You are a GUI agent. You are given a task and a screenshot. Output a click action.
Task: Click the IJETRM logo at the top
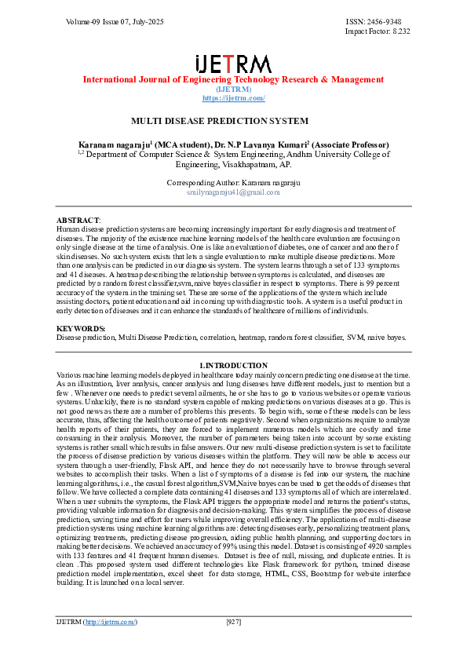click(x=233, y=64)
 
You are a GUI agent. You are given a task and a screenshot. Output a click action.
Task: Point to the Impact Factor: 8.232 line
click(x=378, y=31)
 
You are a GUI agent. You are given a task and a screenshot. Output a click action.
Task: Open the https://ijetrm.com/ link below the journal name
click(x=233, y=98)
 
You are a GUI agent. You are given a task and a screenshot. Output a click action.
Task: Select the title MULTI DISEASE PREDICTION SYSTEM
click(x=219, y=121)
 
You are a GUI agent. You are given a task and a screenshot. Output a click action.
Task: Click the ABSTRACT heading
click(x=78, y=220)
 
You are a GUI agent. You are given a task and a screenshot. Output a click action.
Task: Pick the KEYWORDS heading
click(x=81, y=328)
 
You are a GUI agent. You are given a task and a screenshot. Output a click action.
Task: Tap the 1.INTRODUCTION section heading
click(x=233, y=366)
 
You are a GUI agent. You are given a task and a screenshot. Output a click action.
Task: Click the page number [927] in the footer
click(x=233, y=622)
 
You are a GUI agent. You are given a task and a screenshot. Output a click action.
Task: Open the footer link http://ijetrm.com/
click(x=111, y=622)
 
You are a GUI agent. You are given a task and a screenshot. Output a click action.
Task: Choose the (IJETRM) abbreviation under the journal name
click(x=233, y=89)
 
